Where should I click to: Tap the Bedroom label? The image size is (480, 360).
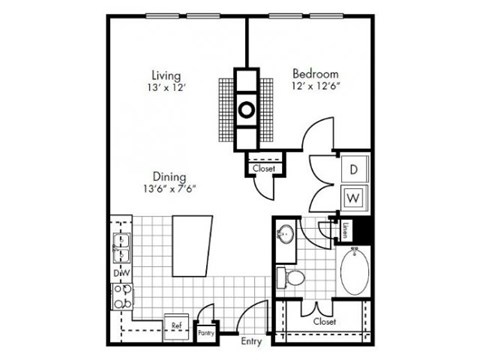(314, 74)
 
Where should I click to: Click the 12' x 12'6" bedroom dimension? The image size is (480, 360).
(314, 88)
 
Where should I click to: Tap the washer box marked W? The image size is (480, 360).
(353, 196)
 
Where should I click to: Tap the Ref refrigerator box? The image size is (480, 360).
(175, 324)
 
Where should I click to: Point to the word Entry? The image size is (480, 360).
(251, 341)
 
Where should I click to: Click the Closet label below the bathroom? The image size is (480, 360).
(324, 322)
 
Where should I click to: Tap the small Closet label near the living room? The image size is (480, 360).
(264, 169)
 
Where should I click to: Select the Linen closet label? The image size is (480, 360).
(344, 231)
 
